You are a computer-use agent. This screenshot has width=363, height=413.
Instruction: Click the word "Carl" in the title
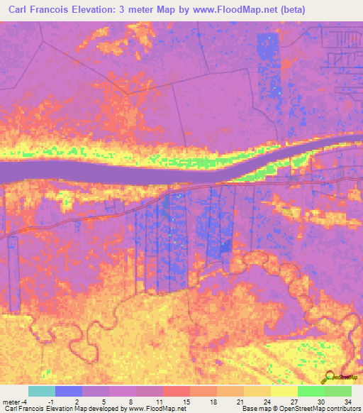(x=21, y=10)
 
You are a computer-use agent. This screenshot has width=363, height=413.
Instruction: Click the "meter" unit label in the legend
(x=11, y=402)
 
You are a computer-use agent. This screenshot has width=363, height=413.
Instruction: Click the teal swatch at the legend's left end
(x=42, y=391)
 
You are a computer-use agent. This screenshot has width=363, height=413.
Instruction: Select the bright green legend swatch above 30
(x=311, y=391)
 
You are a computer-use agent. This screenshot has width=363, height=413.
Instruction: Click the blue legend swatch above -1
(x=69, y=391)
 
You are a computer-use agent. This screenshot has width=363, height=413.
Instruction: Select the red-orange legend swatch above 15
(x=177, y=391)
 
